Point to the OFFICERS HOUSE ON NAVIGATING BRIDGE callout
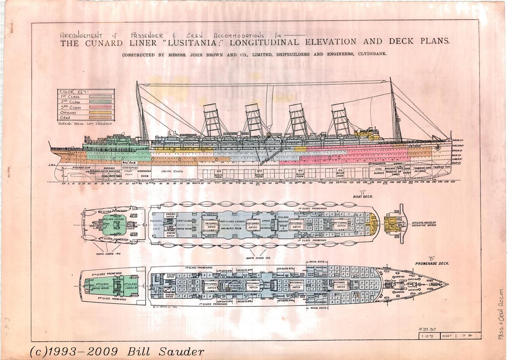tap(427, 225)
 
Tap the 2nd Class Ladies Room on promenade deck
tap(131, 286)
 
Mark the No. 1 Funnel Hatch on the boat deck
tap(340, 225)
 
